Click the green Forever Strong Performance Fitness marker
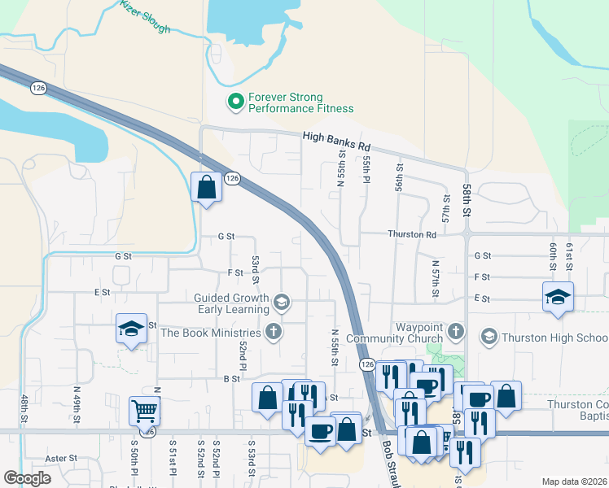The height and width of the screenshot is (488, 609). tap(236, 102)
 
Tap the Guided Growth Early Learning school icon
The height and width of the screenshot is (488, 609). tap(282, 303)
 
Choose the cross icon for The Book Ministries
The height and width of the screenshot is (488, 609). tap(274, 332)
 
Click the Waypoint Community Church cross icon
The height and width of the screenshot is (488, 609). tap(455, 331)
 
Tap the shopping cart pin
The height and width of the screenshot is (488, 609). tap(144, 412)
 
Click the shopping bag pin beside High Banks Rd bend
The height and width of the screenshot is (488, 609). tap(207, 186)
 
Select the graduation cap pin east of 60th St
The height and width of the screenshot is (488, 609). tap(559, 297)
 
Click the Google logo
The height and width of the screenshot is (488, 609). tap(27, 478)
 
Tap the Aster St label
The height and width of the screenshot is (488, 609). tap(61, 459)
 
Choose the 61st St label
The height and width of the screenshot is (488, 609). tap(570, 255)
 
